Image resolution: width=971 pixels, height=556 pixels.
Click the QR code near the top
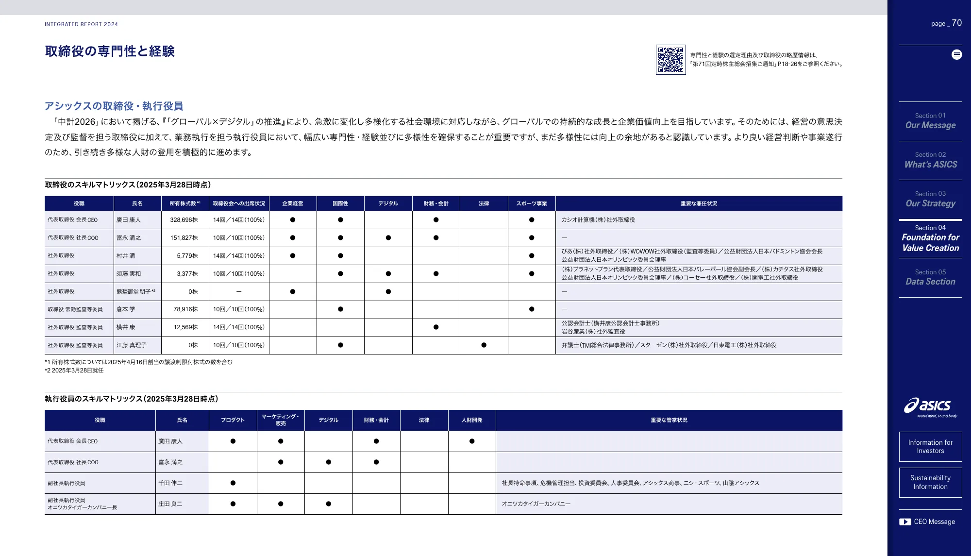670,60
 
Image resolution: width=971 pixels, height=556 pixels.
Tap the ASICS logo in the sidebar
930,406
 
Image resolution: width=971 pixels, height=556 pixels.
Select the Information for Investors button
930,447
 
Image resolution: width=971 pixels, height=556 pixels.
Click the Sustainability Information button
930,482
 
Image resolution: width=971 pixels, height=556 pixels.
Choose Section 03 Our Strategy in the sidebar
930,199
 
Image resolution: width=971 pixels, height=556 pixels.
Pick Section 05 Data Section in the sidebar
930,277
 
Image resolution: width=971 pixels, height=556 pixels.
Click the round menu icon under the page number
956,54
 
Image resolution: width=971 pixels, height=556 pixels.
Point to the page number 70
956,23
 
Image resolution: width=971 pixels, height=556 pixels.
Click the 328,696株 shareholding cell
184,220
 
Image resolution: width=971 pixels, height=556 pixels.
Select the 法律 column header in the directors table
484,203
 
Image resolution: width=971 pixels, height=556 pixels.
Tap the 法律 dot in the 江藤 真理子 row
484,345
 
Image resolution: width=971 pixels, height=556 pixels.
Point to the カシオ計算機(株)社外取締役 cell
598,220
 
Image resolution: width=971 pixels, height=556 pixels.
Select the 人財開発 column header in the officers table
471,420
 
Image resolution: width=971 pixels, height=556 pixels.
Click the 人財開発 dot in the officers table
471,441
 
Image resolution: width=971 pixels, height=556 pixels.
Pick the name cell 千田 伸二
170,483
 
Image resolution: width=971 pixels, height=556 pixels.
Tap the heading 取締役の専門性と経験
110,51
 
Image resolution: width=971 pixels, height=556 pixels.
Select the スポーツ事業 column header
531,203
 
